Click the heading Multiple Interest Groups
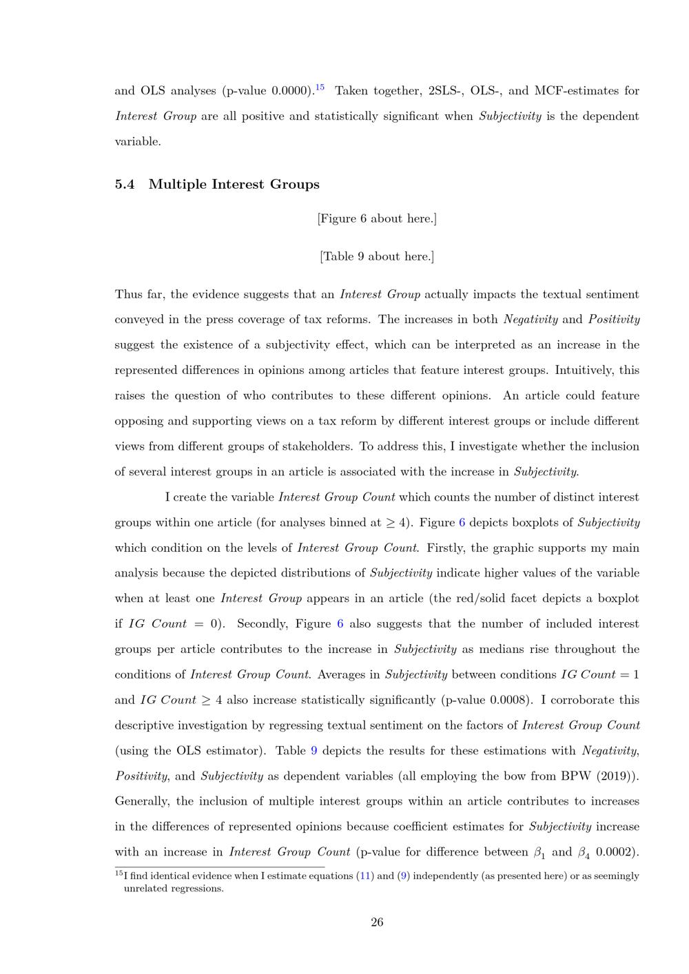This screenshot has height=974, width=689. [234, 185]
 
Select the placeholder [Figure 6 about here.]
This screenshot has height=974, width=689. [377, 219]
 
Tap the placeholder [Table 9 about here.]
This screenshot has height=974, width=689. [377, 257]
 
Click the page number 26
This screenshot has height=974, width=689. [377, 922]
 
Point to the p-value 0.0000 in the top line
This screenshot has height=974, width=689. [287, 91]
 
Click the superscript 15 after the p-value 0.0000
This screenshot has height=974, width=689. [320, 87]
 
